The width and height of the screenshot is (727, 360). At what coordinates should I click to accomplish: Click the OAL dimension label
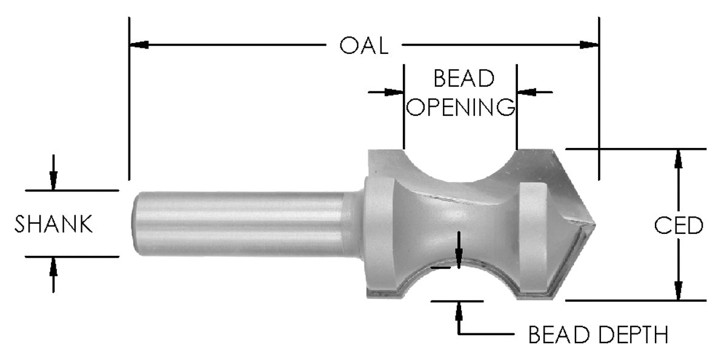363,45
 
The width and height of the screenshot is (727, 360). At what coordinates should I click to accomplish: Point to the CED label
679,226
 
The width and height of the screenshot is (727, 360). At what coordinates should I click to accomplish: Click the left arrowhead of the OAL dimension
139,45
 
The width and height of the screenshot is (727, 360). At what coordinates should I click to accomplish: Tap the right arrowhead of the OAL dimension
589,45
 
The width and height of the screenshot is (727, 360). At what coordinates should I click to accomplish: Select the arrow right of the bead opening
525,92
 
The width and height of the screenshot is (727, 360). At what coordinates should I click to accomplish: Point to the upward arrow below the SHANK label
53,267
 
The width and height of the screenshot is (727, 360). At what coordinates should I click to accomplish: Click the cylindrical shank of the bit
242,223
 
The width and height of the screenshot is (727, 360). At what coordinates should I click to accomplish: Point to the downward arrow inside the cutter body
459,258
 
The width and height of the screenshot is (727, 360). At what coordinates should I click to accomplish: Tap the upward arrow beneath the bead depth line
459,310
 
